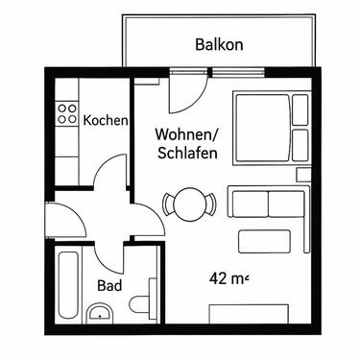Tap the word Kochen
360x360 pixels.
click(x=106, y=120)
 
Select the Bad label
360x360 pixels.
click(x=109, y=285)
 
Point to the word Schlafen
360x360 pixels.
click(x=184, y=153)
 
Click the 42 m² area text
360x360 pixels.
click(x=228, y=279)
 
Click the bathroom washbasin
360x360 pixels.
click(x=100, y=312)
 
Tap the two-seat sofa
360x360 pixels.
click(x=266, y=204)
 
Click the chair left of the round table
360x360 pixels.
click(x=167, y=204)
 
